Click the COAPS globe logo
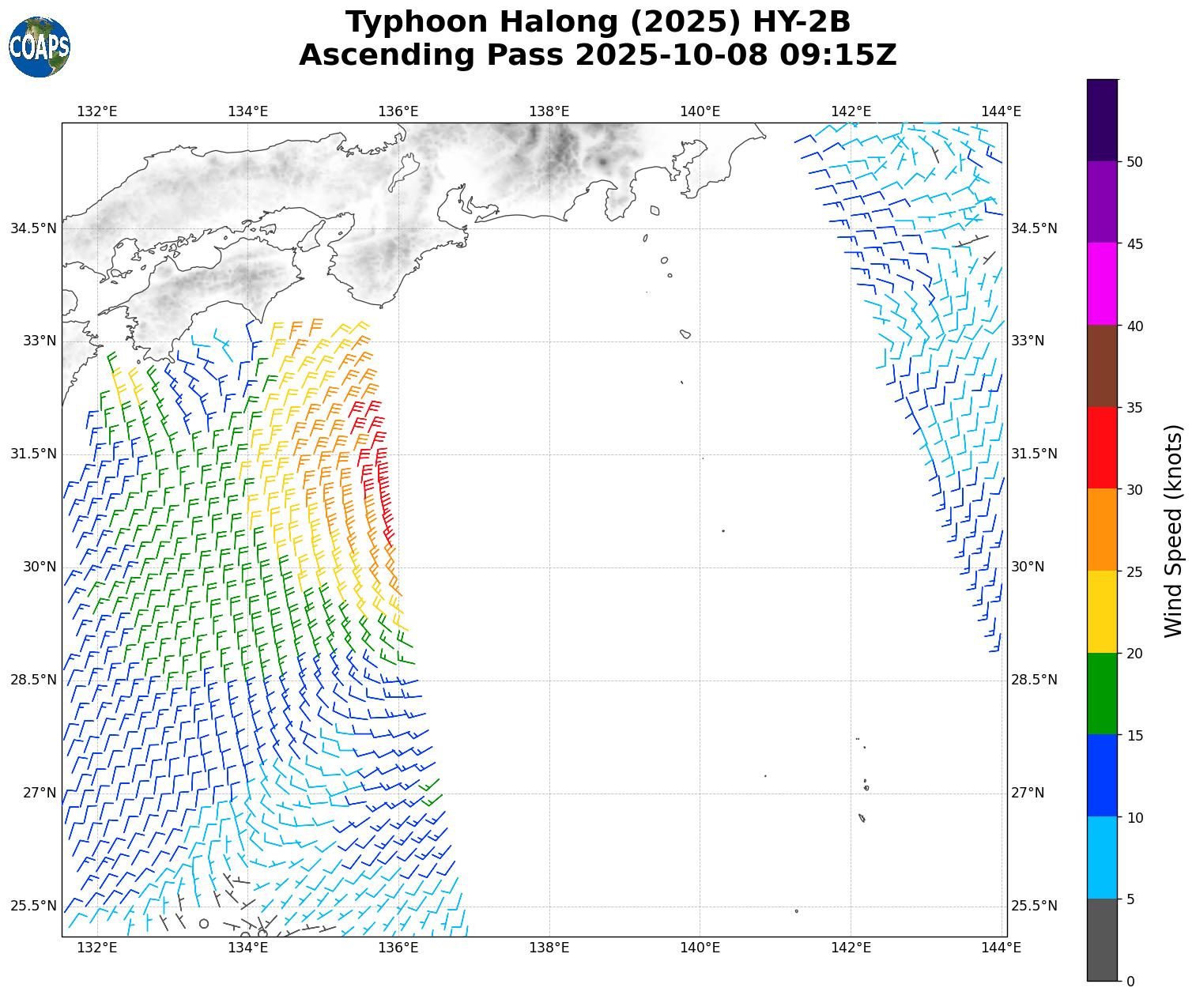coord(40,47)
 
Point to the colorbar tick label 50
coord(1134,162)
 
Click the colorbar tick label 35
coord(1134,408)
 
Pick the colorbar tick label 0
coord(1130,982)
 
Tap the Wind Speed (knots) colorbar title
coord(1175,530)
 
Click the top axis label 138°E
coord(549,111)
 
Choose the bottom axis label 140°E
coord(700,948)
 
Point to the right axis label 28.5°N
coord(1034,680)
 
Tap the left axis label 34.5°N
coord(33,228)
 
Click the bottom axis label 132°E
coord(96,948)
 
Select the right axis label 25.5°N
coord(1034,906)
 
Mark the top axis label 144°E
coord(1001,111)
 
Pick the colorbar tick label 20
coord(1134,654)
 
